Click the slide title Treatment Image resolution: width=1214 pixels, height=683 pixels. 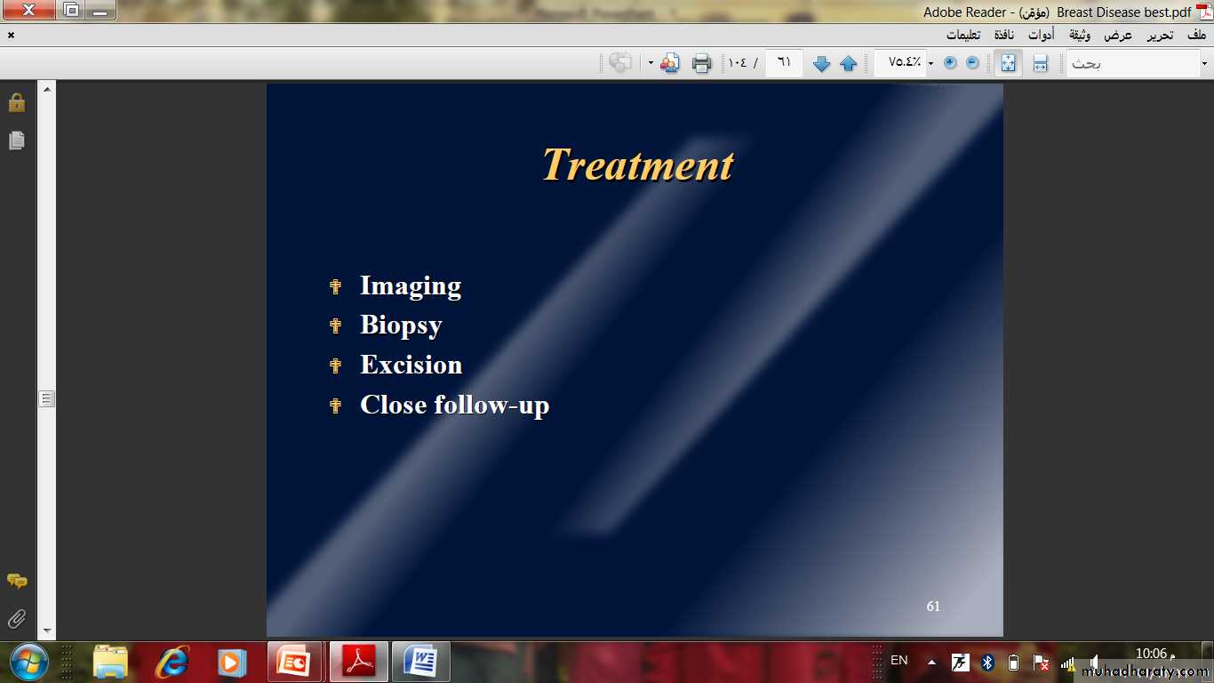(x=638, y=165)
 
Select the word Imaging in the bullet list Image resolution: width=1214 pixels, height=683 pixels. (x=411, y=285)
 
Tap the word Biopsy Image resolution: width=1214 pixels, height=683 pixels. (x=401, y=325)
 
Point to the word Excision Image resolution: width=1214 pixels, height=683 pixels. (x=411, y=365)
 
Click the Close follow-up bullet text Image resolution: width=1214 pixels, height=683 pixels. (x=454, y=406)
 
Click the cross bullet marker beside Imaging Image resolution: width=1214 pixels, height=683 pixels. (x=335, y=286)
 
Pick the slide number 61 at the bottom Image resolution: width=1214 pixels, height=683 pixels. (x=933, y=606)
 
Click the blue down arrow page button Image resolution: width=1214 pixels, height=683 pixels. (x=821, y=63)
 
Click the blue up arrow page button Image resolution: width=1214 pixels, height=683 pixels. (x=848, y=63)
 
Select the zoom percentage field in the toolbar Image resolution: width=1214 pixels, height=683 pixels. (x=904, y=62)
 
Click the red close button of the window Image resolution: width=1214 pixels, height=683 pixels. (x=29, y=10)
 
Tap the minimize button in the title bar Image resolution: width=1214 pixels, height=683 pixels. (x=100, y=10)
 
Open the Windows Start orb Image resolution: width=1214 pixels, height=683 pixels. (x=28, y=662)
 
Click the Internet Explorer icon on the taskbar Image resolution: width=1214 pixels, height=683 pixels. (x=173, y=662)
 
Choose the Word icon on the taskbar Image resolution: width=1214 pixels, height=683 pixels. (x=421, y=662)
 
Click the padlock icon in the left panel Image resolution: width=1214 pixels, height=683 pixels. (x=17, y=102)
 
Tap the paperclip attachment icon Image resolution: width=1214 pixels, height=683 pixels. (x=17, y=618)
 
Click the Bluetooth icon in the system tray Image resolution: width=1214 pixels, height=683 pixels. (x=986, y=663)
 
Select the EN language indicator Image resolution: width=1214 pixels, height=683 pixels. (x=899, y=660)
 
